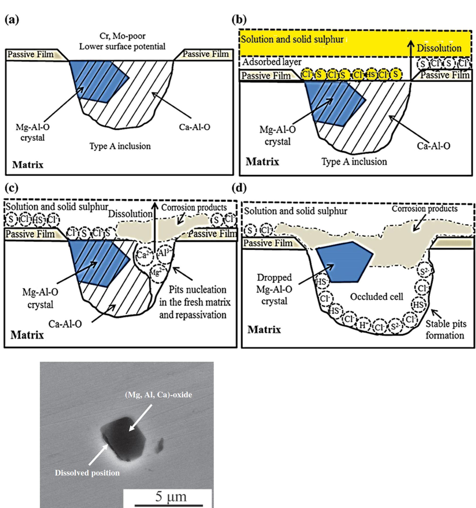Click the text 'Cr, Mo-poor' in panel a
pyautogui.click(x=123, y=36)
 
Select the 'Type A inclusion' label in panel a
pyautogui.click(x=120, y=146)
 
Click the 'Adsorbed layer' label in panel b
pyautogui.click(x=272, y=62)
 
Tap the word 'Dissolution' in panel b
pyautogui.click(x=439, y=48)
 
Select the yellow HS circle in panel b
pyautogui.click(x=371, y=75)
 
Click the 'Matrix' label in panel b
pyautogui.click(x=262, y=162)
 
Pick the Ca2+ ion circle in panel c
pyautogui.click(x=144, y=255)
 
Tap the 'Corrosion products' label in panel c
pyautogui.click(x=194, y=208)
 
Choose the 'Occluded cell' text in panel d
pyautogui.click(x=376, y=297)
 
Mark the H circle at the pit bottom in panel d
pyautogui.click(x=363, y=326)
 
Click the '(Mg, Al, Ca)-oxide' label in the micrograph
pyautogui.click(x=158, y=395)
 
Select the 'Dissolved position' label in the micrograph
pyautogui.click(x=87, y=473)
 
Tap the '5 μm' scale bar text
pyautogui.click(x=171, y=496)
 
